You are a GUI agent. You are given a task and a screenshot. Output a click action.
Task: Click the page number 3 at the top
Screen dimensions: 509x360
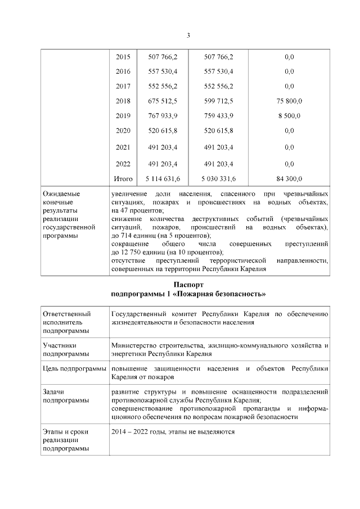click(x=188, y=36)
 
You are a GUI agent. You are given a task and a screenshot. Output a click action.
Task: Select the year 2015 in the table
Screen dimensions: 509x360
click(x=123, y=57)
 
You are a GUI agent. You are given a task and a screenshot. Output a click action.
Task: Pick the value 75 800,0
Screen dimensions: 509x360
click(x=289, y=101)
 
